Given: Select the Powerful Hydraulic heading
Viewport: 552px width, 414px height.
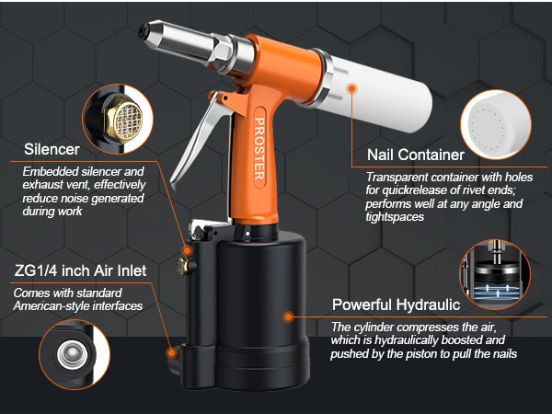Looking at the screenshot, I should (x=398, y=305).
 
